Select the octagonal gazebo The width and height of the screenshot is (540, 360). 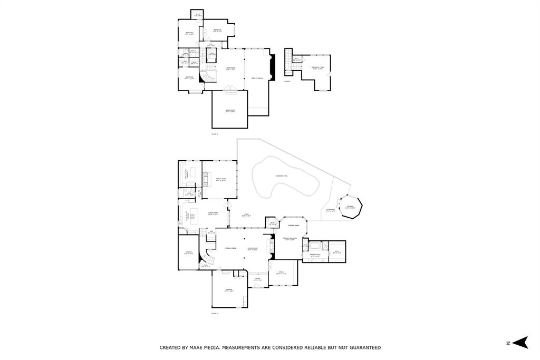350,208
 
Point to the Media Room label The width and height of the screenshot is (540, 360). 230,111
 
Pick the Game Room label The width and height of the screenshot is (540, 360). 230,69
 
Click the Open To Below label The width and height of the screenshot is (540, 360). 257,78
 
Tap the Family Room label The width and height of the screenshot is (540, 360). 220,180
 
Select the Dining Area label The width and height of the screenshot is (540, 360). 213,214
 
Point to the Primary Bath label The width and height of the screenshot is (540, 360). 315,256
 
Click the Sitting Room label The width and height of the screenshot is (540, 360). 294,225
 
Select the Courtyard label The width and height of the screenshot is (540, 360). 330,211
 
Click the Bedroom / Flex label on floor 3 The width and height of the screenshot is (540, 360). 317,67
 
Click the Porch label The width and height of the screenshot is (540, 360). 257,279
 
